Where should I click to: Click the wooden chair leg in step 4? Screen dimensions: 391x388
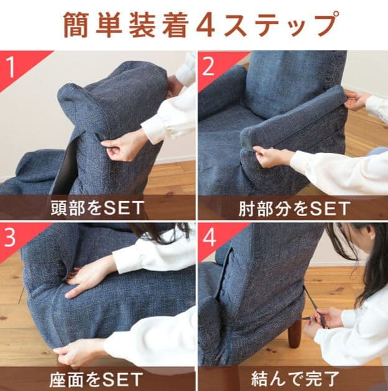[295, 334]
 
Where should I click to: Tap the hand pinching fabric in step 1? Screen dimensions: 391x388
[125, 144]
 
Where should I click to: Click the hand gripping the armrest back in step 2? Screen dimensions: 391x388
[356, 100]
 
